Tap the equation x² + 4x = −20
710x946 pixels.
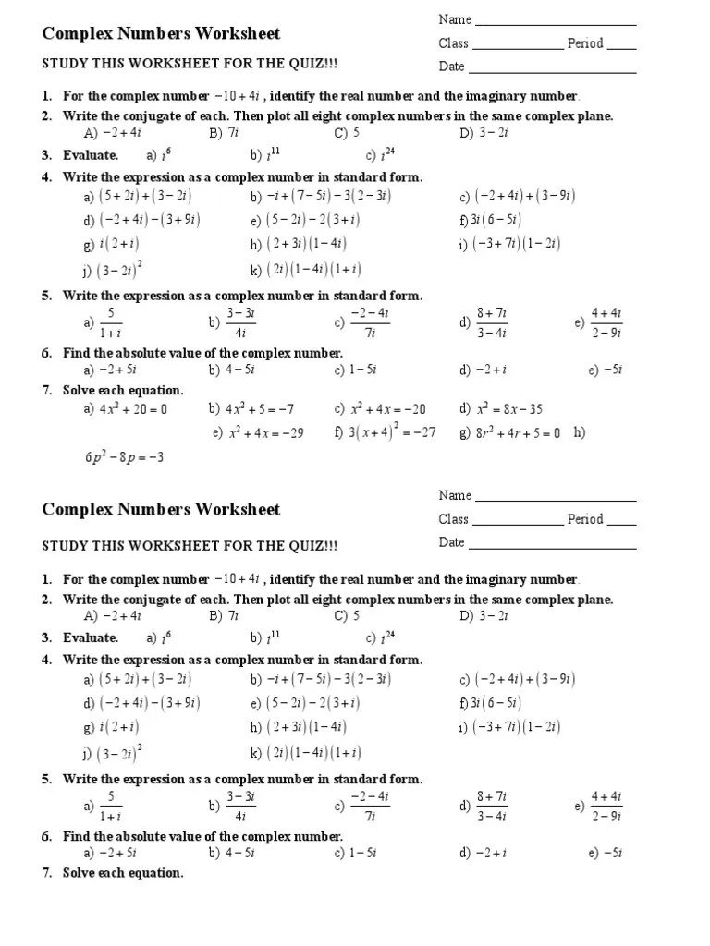coord(387,409)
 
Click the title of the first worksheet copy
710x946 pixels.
coord(161,34)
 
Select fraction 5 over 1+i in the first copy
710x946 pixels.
coord(110,322)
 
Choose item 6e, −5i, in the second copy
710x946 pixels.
coord(612,854)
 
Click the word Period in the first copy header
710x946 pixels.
coord(585,43)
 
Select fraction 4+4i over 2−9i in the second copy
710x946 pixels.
coord(606,806)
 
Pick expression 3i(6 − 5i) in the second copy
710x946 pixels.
coord(496,703)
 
